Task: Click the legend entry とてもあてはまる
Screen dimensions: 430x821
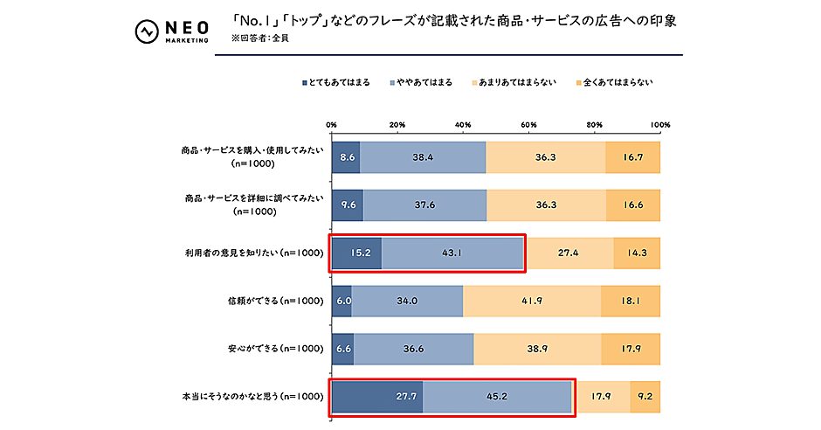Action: click(x=335, y=82)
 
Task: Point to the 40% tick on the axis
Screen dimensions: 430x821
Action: click(x=463, y=125)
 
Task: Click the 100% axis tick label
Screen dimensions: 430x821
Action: click(x=659, y=125)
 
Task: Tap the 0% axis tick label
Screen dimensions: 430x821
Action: click(x=332, y=125)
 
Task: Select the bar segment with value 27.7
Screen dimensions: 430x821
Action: click(x=377, y=397)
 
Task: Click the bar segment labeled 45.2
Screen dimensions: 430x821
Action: click(x=497, y=397)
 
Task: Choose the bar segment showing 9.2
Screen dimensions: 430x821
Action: click(x=645, y=397)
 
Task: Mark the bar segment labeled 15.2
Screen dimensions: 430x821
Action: click(x=356, y=253)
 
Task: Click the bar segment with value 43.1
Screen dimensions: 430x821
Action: click(x=452, y=253)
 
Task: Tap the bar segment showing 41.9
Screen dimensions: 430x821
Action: click(x=532, y=301)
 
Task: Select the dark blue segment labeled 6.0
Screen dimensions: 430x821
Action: click(x=342, y=301)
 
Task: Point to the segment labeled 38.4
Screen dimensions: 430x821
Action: click(x=423, y=157)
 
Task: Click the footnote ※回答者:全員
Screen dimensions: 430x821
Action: click(x=261, y=39)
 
